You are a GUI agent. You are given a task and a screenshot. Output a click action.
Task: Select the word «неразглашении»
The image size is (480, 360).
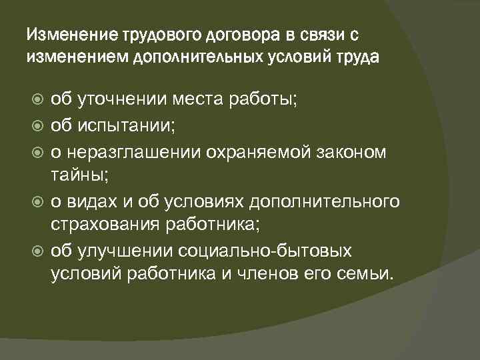coord(139,151)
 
